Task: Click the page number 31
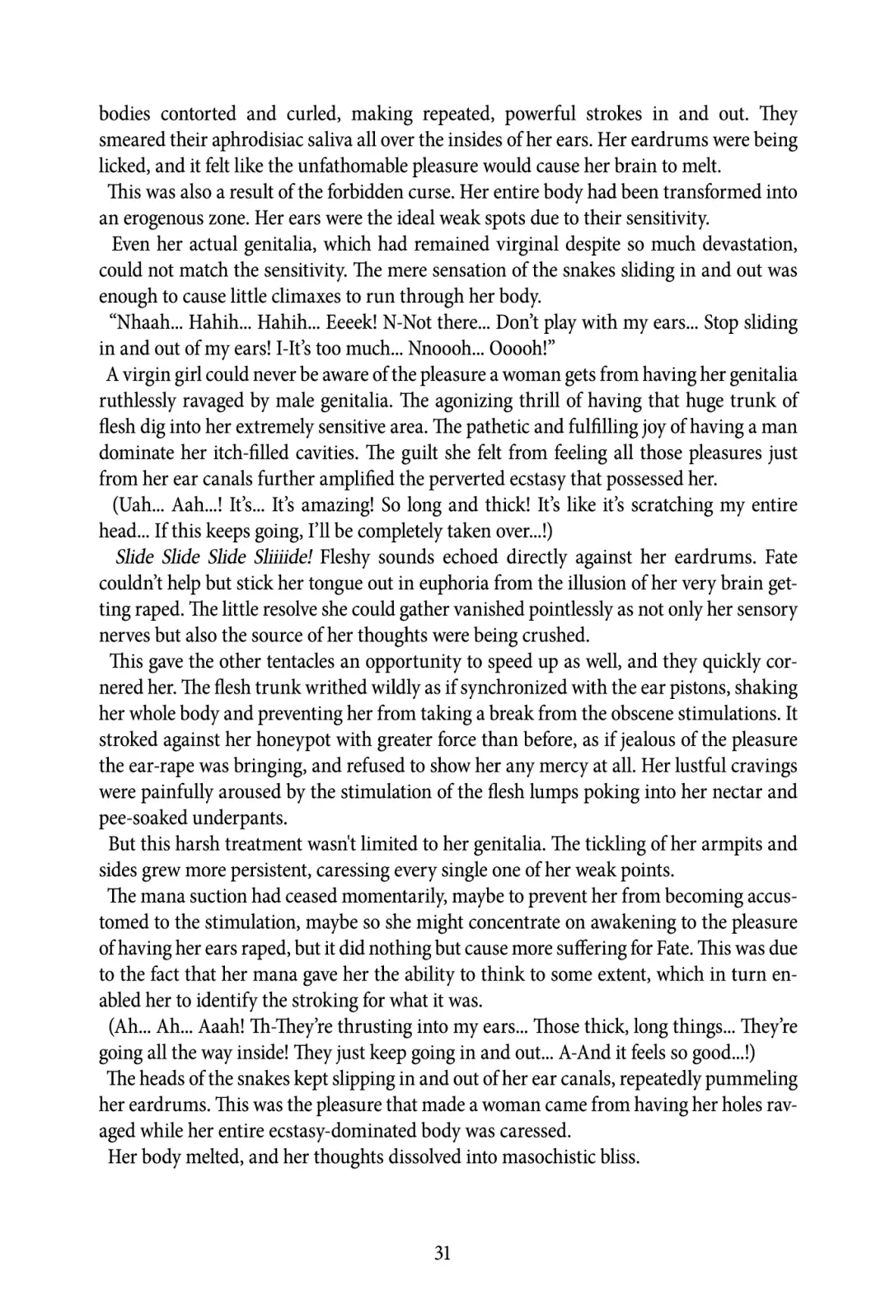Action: point(443,1254)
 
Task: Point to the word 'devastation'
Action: point(741,244)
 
